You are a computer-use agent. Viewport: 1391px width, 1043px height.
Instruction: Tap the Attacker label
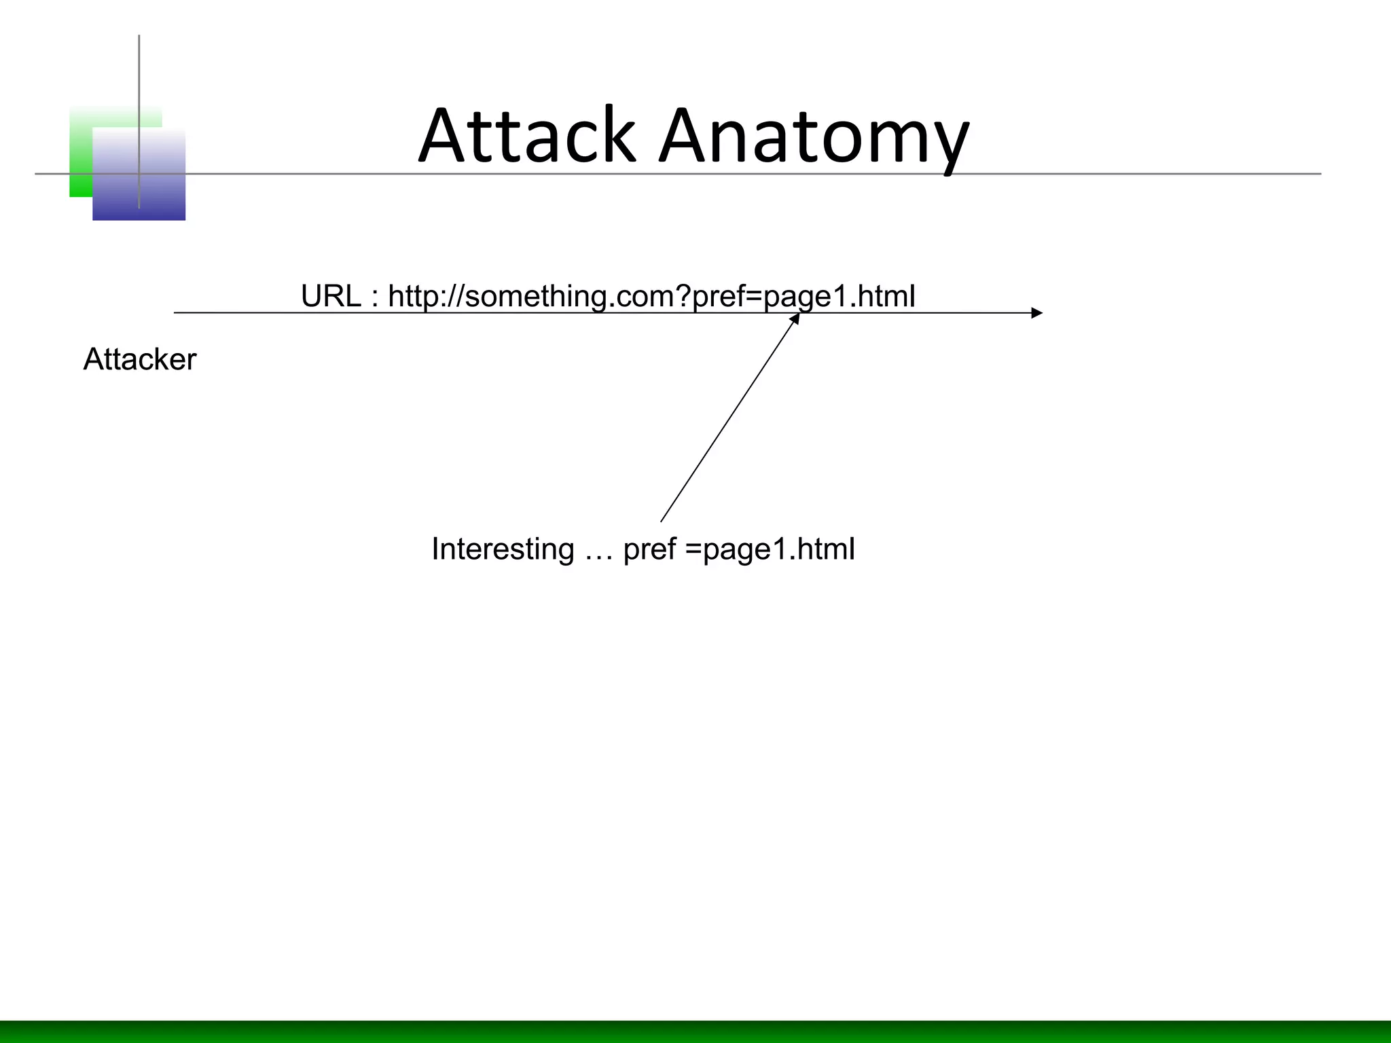pyautogui.click(x=139, y=359)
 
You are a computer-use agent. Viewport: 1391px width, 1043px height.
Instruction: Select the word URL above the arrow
pyautogui.click(x=331, y=297)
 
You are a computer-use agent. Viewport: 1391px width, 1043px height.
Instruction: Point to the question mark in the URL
pyautogui.click(x=683, y=297)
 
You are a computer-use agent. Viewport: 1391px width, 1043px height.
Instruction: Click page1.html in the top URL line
pyautogui.click(x=839, y=297)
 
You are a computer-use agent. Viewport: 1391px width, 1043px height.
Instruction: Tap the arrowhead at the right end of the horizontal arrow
pyautogui.click(x=1037, y=313)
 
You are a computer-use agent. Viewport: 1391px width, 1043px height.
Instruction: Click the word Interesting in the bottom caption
pyautogui.click(x=503, y=549)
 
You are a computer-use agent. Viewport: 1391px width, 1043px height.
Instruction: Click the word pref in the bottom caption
pyautogui.click(x=650, y=549)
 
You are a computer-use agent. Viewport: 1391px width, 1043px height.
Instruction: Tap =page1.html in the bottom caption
pyautogui.click(x=770, y=549)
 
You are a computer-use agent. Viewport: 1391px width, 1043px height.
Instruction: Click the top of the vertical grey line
pyautogui.click(x=139, y=38)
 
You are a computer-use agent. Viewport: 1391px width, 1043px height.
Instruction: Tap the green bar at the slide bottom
pyautogui.click(x=695, y=1031)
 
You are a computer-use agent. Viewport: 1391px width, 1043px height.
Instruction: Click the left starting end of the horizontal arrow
pyautogui.click(x=176, y=313)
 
